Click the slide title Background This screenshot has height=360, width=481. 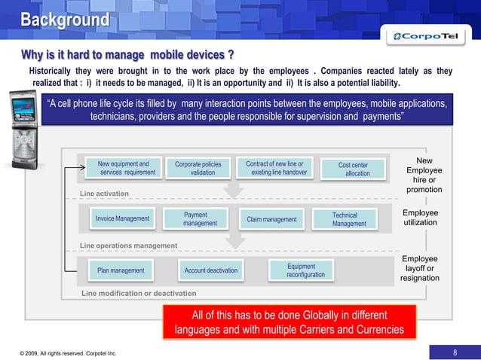pyautogui.click(x=64, y=19)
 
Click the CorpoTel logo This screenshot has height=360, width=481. pyautogui.click(x=428, y=36)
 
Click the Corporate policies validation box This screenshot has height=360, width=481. pyautogui.click(x=198, y=168)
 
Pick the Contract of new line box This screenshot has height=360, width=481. pyautogui.click(x=275, y=168)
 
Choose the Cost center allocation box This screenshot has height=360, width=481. pyautogui.click(x=353, y=169)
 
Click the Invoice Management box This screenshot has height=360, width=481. pyautogui.click(x=122, y=218)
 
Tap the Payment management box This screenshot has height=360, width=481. pyautogui.click(x=200, y=218)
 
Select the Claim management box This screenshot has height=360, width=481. pyautogui.click(x=271, y=219)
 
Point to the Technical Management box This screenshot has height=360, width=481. pyautogui.click(x=349, y=219)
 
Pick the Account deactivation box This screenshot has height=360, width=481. pyautogui.click(x=210, y=270)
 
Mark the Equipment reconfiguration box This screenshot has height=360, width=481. pyautogui.click(x=305, y=270)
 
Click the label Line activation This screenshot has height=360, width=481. pyautogui.click(x=104, y=194)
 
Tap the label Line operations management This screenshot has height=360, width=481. pyautogui.click(x=128, y=246)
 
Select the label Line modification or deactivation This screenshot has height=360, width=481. pyautogui.click(x=138, y=293)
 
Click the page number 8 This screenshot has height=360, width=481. pyautogui.click(x=455, y=352)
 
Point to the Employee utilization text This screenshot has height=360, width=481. pyautogui.click(x=420, y=218)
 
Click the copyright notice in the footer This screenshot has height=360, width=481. pyautogui.click(x=68, y=352)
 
